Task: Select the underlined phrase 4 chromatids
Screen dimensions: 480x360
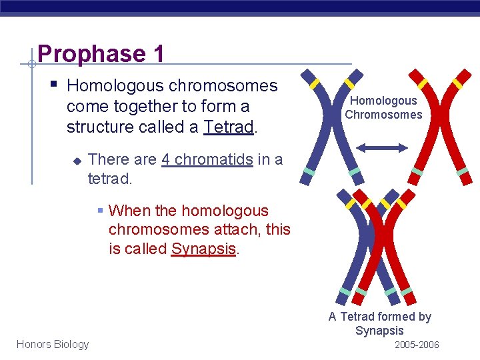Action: (207, 160)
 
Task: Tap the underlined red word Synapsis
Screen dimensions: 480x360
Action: (204, 249)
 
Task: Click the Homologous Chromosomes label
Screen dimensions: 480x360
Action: (383, 107)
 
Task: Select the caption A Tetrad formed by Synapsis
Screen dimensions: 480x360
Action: (379, 323)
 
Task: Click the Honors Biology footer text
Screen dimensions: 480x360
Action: (53, 344)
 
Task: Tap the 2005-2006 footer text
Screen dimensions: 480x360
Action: (417, 345)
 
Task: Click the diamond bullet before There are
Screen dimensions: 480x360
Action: (77, 161)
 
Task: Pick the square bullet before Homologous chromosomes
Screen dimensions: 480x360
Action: (53, 85)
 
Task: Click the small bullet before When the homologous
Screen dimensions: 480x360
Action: (101, 211)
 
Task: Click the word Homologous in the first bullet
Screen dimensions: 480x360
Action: (116, 86)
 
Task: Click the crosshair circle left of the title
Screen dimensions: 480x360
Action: (31, 64)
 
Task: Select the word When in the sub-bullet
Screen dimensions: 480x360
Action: (129, 211)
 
